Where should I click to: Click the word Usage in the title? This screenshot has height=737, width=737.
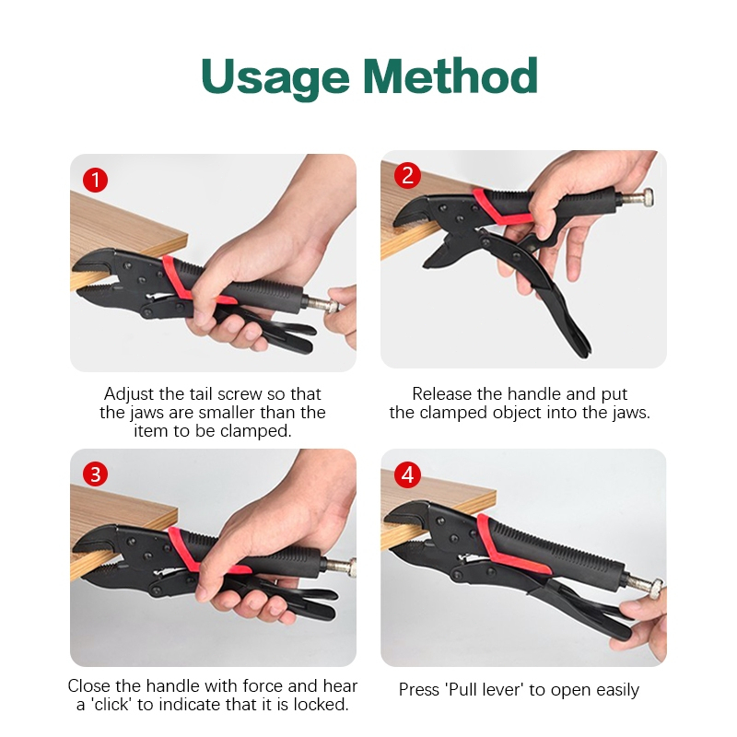[x=275, y=77]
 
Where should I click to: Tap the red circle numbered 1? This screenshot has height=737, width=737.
[x=96, y=180]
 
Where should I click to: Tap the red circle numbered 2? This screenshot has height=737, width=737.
[x=407, y=176]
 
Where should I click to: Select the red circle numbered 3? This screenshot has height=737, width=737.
[x=96, y=474]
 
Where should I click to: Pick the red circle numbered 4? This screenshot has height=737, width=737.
[x=407, y=474]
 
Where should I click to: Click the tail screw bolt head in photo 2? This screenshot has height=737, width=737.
[x=648, y=197]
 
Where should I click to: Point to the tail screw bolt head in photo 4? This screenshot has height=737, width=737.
[x=654, y=589]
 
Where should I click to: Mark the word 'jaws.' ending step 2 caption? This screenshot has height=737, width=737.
[x=631, y=413]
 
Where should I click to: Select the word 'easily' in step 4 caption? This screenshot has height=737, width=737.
[x=617, y=690]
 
